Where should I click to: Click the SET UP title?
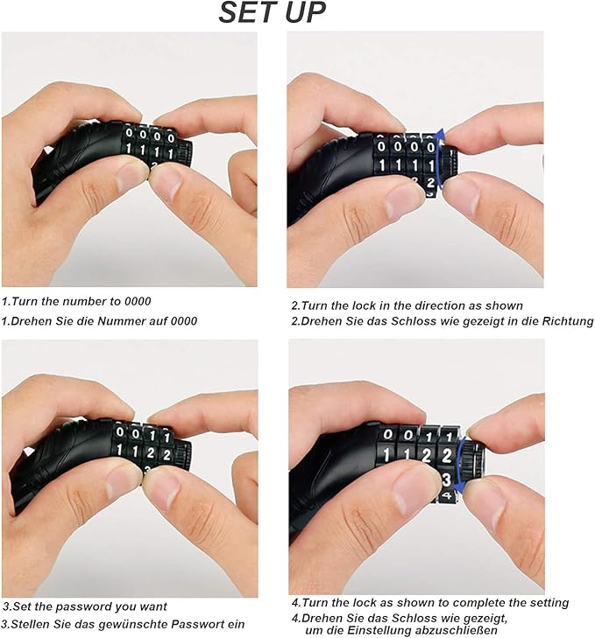(272, 12)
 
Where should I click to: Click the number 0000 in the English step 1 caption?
(138, 302)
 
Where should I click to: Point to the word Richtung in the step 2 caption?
(568, 321)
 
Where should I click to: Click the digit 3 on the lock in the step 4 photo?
(447, 479)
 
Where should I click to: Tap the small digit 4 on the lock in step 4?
(447, 495)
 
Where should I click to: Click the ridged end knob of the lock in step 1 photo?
(185, 153)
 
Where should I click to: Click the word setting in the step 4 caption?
(546, 603)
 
